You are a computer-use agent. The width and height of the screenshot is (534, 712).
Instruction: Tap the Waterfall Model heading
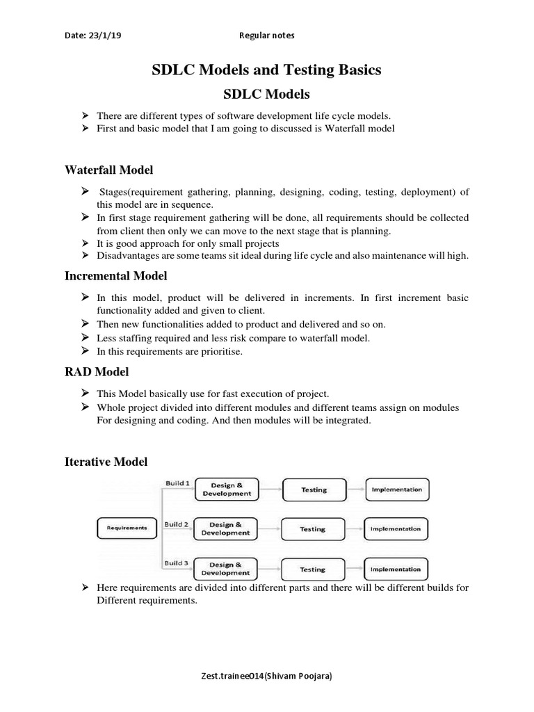coord(109,170)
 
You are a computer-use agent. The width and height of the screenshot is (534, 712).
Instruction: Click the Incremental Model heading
coord(116,276)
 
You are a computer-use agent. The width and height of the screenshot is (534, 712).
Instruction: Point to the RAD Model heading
coord(97,372)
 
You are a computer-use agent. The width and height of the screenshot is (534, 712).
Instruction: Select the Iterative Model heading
coord(106,462)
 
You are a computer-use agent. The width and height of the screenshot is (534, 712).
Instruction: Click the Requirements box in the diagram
coord(127,528)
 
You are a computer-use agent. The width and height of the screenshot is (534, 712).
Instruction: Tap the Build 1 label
coord(177,483)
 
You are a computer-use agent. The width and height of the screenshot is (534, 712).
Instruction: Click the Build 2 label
coord(177,524)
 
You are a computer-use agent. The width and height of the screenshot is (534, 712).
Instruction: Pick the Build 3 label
coord(177,563)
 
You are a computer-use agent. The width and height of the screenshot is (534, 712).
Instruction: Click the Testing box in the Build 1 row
coord(314,489)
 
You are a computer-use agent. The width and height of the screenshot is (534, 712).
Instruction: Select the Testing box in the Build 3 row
coord(312,569)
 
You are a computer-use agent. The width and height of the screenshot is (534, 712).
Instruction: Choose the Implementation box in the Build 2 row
coord(396,529)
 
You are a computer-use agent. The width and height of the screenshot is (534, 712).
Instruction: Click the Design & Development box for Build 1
coord(226,489)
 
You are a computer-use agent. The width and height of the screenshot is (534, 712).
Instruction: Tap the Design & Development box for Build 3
coord(226,569)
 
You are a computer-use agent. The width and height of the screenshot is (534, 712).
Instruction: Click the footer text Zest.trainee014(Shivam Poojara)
coord(266,677)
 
